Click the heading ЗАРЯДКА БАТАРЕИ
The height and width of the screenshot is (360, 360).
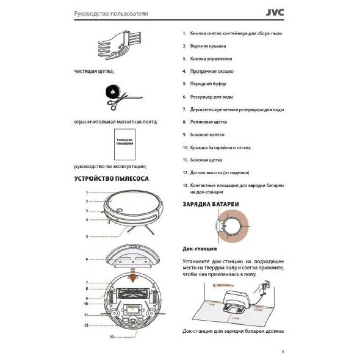[x=210, y=204]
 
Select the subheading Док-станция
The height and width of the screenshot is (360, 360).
[x=198, y=249]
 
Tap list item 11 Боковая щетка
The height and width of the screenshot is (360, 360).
[x=206, y=160]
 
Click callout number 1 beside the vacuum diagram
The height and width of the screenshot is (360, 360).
[x=87, y=192]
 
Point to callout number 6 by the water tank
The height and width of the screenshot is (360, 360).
[x=87, y=259]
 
